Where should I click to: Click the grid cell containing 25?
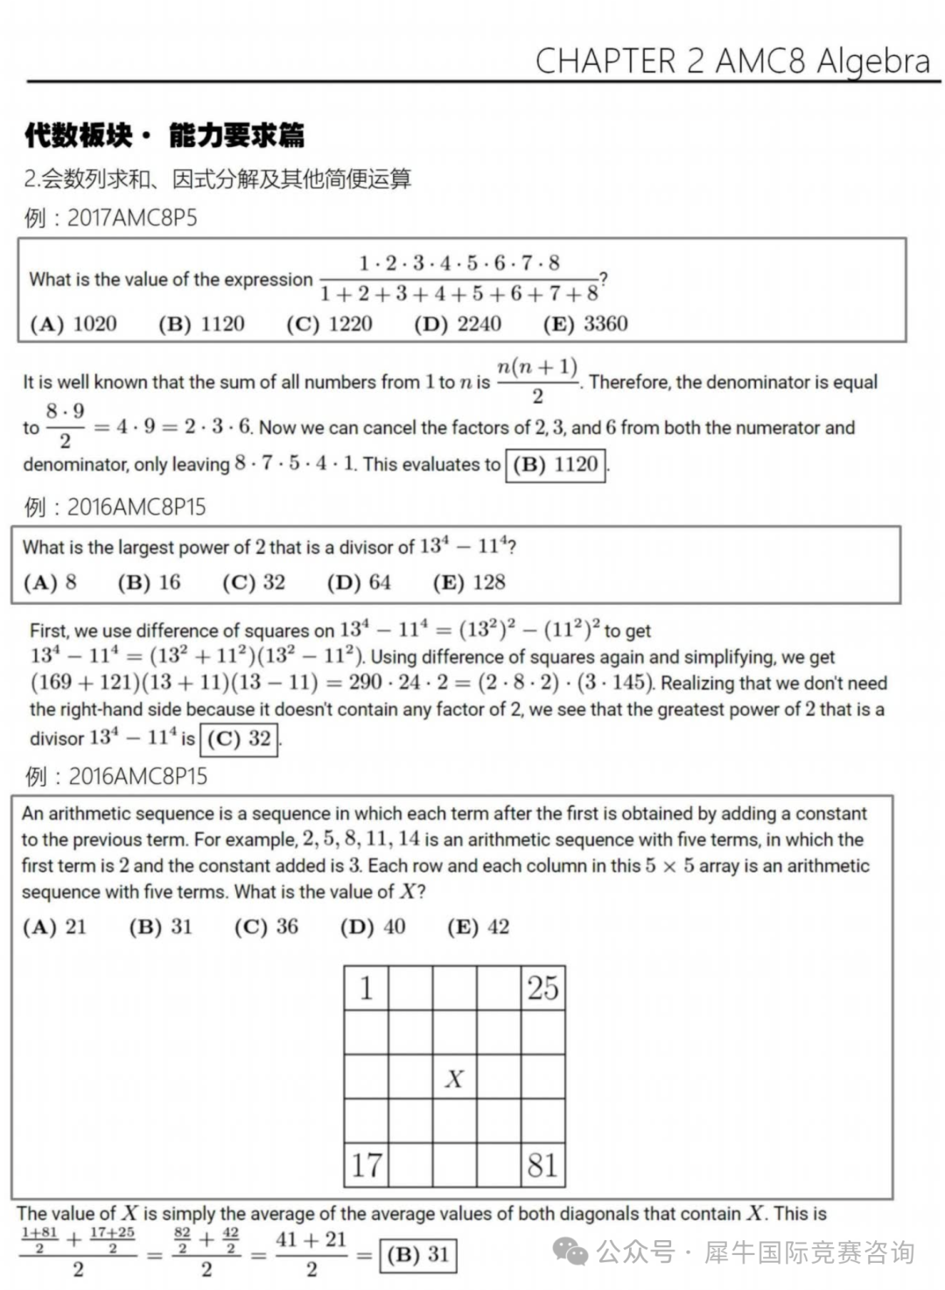pyautogui.click(x=542, y=988)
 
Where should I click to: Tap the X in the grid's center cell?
pyautogui.click(x=454, y=1078)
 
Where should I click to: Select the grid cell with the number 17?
pyautogui.click(x=367, y=1165)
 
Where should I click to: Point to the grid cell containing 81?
pyautogui.click(x=542, y=1165)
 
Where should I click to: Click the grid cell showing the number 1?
pyautogui.click(x=367, y=988)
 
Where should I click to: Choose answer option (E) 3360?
pyautogui.click(x=585, y=324)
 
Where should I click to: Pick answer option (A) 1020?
pyautogui.click(x=73, y=324)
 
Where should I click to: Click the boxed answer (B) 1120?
pyautogui.click(x=556, y=464)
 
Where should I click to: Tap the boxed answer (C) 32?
pyautogui.click(x=239, y=739)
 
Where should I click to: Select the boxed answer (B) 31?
pyautogui.click(x=417, y=1255)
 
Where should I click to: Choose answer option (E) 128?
pyautogui.click(x=469, y=582)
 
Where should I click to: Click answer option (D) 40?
pyautogui.click(x=373, y=927)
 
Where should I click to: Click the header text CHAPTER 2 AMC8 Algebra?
pyautogui.click(x=732, y=60)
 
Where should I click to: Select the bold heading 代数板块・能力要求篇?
pyautogui.click(x=164, y=136)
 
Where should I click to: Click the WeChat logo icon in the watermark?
pyautogui.click(x=572, y=1252)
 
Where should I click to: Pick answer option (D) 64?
pyautogui.click(x=359, y=582)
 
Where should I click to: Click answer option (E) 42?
pyautogui.click(x=478, y=927)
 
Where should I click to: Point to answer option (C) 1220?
pyautogui.click(x=329, y=324)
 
